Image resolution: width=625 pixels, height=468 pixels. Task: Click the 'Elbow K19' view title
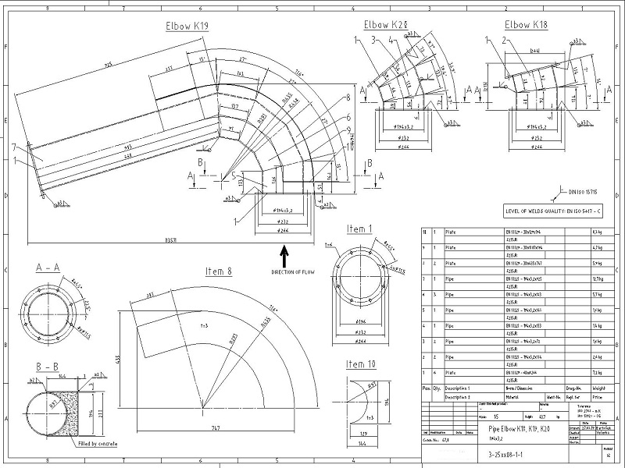(x=187, y=26)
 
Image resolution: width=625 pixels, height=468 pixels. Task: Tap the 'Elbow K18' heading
(x=526, y=24)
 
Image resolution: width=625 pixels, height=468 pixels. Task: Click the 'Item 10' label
(x=362, y=363)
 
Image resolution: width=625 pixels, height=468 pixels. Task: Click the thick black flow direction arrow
(x=284, y=255)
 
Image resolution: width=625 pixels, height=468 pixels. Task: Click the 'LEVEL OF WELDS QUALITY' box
(x=555, y=211)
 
